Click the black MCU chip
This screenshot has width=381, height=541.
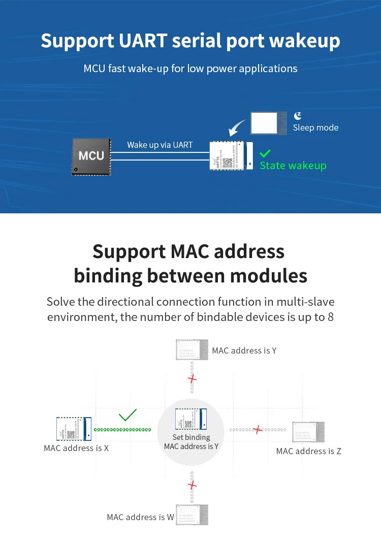click(91, 156)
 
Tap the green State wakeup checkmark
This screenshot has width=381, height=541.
click(265, 153)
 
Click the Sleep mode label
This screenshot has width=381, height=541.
click(315, 128)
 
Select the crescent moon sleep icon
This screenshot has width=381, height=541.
click(298, 116)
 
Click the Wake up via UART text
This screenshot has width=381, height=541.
click(160, 145)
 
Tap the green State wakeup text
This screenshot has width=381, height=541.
click(293, 166)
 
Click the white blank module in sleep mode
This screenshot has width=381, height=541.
click(264, 123)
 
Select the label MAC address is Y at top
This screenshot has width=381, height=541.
click(244, 351)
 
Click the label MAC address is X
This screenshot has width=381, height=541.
click(76, 448)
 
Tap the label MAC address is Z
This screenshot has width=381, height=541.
click(309, 451)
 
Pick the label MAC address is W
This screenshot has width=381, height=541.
click(140, 517)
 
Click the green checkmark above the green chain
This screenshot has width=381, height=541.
click(128, 416)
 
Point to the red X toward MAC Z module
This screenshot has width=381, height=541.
click(258, 430)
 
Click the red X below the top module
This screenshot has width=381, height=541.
click(192, 379)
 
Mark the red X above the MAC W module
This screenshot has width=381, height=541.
click(192, 485)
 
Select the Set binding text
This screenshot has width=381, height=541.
click(191, 437)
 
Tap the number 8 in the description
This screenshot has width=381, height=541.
click(330, 317)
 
